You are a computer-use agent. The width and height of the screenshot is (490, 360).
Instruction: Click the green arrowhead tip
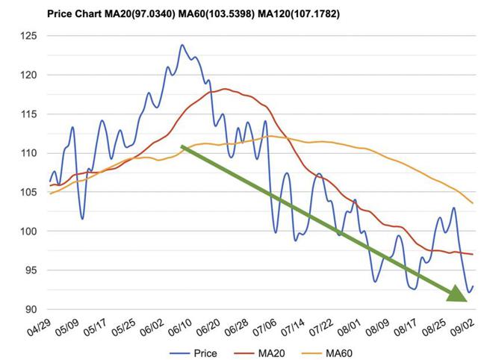pos(466,300)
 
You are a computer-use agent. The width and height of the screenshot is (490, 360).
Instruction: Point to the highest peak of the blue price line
pos(182,45)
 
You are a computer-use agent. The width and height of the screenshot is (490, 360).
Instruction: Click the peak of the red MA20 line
pos(225,89)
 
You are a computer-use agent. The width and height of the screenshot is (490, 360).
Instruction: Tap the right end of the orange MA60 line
pos(472,203)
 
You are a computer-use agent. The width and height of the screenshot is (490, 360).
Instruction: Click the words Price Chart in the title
pos(74,13)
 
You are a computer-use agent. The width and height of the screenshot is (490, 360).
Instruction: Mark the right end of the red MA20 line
pos(472,255)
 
